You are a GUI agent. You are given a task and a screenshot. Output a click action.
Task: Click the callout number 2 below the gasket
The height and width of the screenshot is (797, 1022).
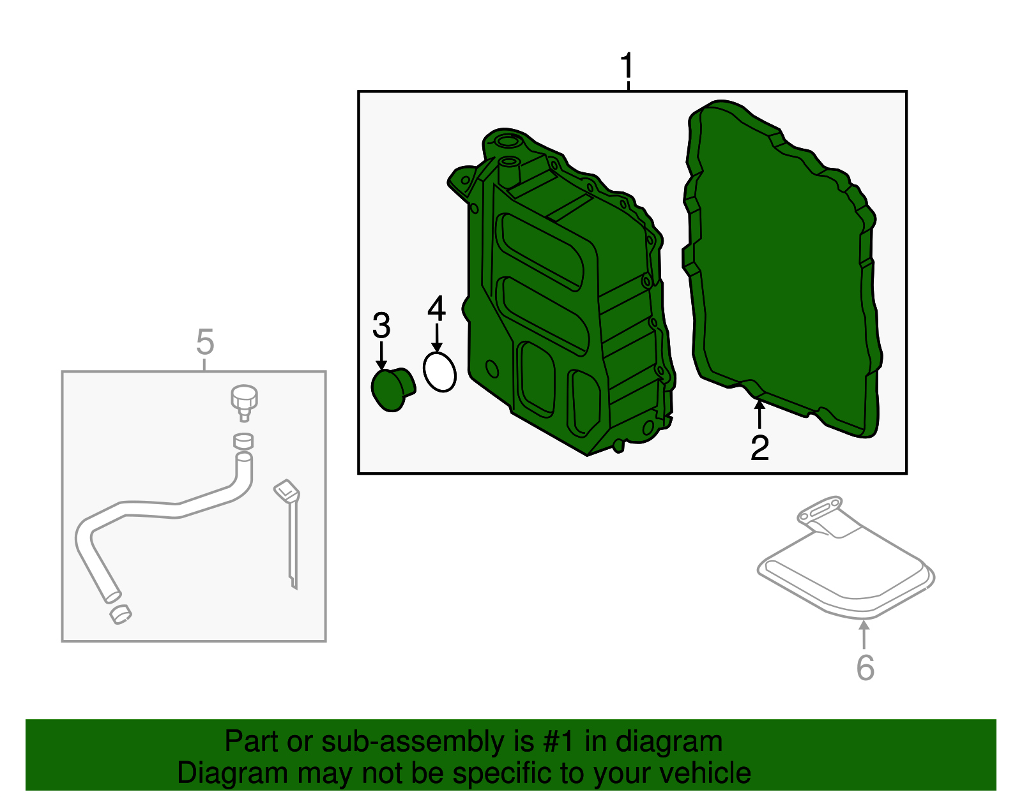[x=759, y=447]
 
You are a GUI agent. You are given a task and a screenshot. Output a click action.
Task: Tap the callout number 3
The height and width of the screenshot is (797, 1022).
[x=381, y=326]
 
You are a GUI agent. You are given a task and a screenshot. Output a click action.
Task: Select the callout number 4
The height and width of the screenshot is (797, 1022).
[x=436, y=309]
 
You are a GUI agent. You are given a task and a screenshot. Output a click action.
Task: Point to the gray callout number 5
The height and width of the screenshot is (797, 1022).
[x=204, y=342]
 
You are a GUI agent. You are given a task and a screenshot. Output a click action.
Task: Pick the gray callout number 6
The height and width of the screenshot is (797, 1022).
[x=865, y=667]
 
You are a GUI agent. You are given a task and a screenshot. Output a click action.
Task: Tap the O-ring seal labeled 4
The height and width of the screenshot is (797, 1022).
[x=439, y=372]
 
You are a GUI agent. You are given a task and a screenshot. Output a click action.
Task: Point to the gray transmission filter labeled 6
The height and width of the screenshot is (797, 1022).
[x=843, y=568]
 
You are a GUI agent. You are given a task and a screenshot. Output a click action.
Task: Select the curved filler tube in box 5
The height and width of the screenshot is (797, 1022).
[x=160, y=510]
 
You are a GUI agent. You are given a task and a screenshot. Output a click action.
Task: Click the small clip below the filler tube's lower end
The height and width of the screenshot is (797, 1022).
[x=121, y=614]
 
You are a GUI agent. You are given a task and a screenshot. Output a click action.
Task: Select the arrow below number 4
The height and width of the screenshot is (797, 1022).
[x=437, y=337]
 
